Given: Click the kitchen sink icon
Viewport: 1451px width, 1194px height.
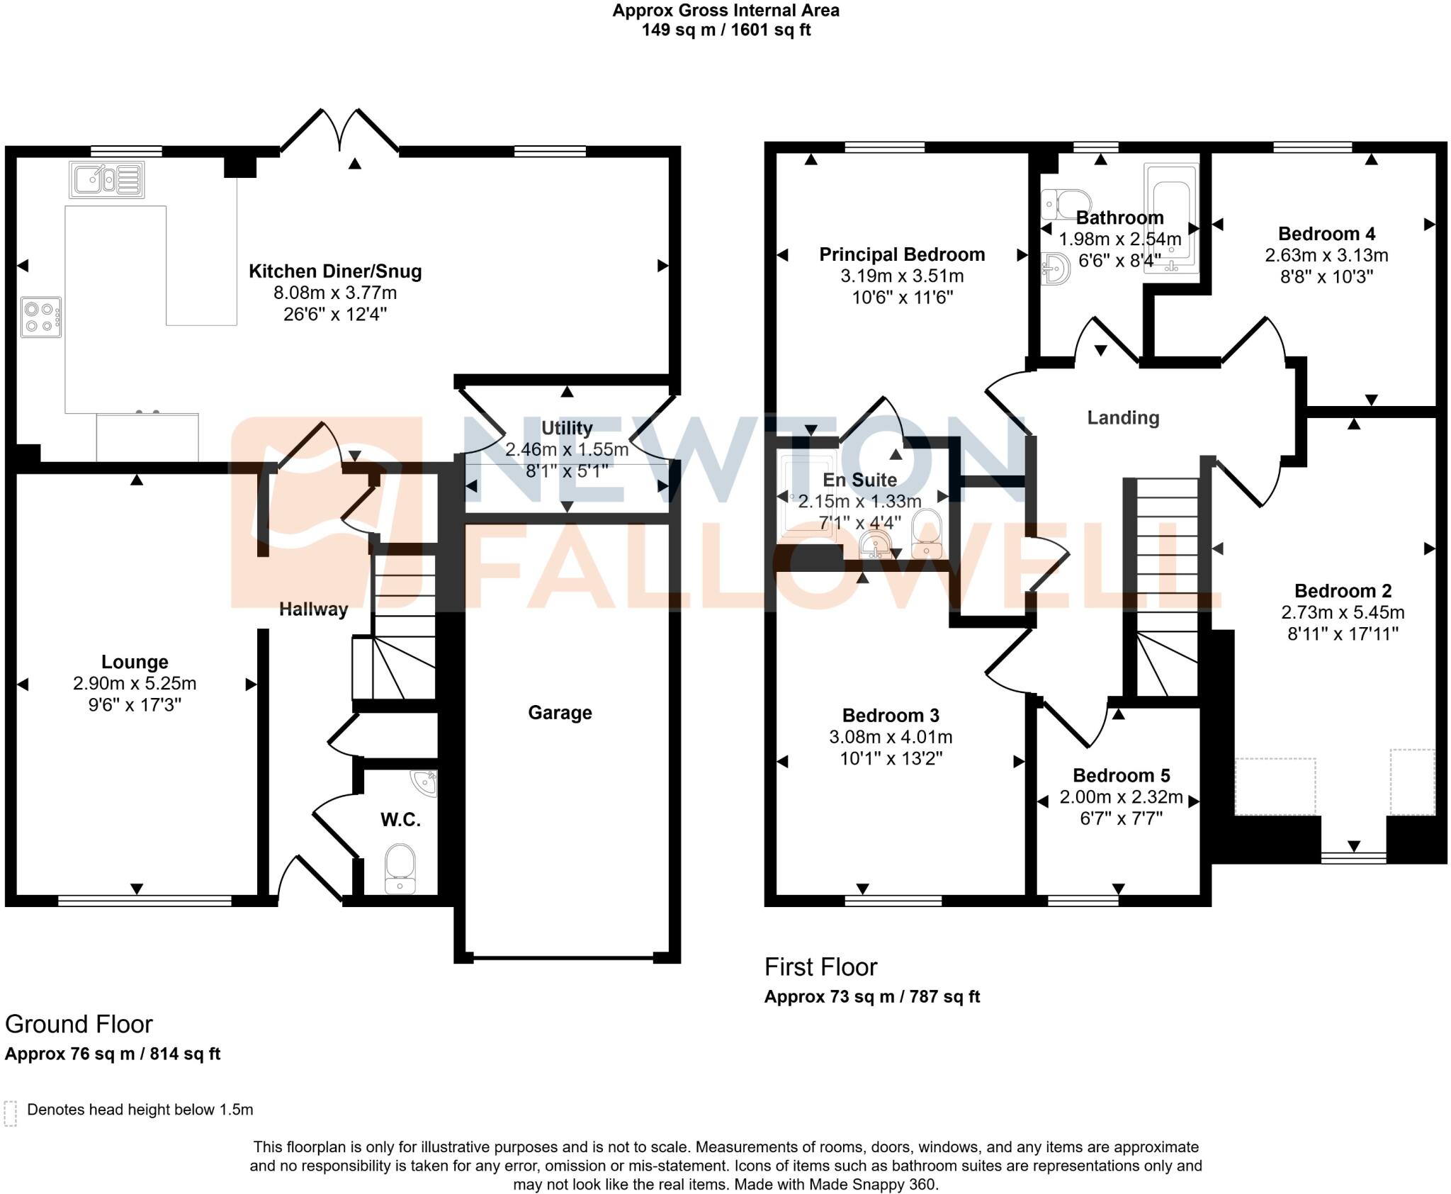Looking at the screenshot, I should pyautogui.click(x=106, y=180).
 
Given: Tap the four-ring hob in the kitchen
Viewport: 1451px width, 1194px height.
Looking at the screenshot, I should pyautogui.click(x=40, y=317).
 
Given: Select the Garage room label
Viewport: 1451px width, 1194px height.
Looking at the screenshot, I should pyautogui.click(x=560, y=712).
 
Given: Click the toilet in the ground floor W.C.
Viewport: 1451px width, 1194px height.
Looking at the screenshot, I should pyautogui.click(x=400, y=867).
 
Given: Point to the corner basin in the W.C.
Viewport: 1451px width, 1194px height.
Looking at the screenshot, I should pyautogui.click(x=427, y=782).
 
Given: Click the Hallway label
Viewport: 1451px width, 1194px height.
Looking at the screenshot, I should pyautogui.click(x=313, y=609).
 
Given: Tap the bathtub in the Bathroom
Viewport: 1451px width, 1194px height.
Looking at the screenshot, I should pyautogui.click(x=1171, y=218).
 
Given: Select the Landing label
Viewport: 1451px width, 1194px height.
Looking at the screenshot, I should pyautogui.click(x=1123, y=418).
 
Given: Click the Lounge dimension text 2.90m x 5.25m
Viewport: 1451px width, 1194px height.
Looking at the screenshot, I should pyautogui.click(x=135, y=684).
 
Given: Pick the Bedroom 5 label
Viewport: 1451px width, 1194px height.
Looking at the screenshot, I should pyautogui.click(x=1121, y=775).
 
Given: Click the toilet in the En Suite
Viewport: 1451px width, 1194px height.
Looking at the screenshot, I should pyautogui.click(x=926, y=533).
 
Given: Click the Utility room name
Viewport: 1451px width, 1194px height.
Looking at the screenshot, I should pyautogui.click(x=567, y=428).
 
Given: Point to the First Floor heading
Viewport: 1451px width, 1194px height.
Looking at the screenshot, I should pyautogui.click(x=820, y=967).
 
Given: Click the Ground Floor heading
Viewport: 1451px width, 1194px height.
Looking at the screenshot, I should pyautogui.click(x=79, y=1025).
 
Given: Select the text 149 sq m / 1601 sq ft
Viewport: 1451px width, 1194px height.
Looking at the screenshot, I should pyautogui.click(x=725, y=30).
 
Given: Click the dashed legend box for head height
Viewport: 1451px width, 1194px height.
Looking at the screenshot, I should pyautogui.click(x=10, y=1113).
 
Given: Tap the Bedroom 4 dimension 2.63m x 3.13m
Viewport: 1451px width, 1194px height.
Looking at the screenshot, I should pyautogui.click(x=1326, y=255).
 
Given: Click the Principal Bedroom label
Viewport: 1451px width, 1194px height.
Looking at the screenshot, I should pyautogui.click(x=902, y=254).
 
